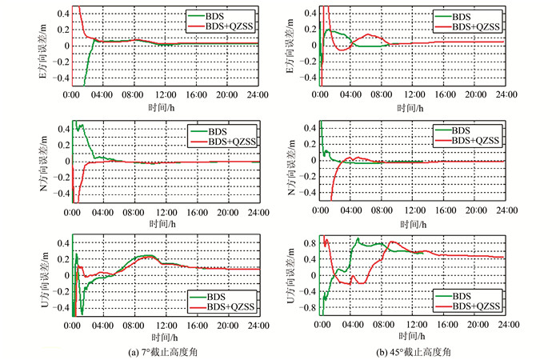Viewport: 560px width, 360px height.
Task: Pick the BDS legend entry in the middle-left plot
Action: (x=214, y=130)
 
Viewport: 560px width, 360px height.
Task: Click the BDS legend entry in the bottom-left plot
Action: (x=214, y=294)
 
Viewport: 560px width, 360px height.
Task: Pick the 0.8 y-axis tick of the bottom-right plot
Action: (x=309, y=239)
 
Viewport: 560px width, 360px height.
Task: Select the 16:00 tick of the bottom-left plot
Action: (x=197, y=326)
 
